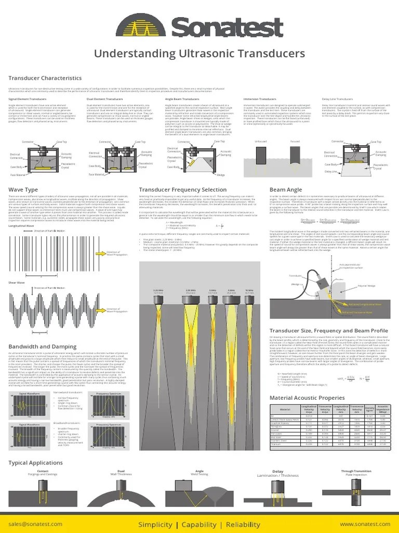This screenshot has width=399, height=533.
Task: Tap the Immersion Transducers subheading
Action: (x=260, y=98)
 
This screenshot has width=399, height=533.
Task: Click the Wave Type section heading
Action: (x=23, y=189)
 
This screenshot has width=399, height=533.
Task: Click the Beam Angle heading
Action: (x=285, y=189)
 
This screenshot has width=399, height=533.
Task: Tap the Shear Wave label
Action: (x=16, y=283)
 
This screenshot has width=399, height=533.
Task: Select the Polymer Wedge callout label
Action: (x=366, y=286)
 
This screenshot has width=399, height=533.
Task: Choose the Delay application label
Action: (x=278, y=472)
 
